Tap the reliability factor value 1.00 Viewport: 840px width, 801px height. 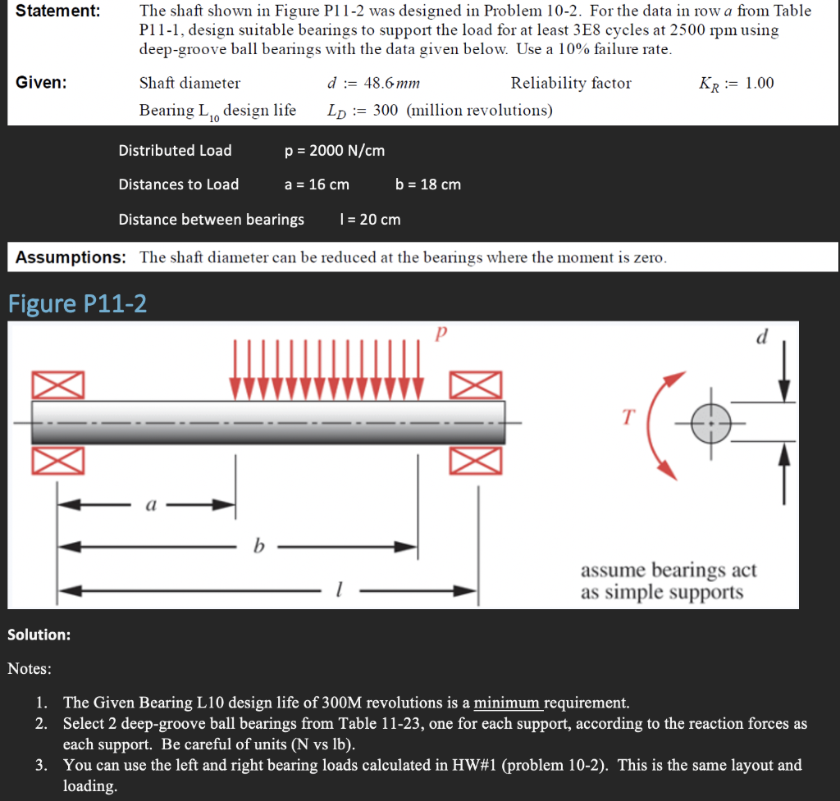point(759,84)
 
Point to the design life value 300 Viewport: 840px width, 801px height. point(385,111)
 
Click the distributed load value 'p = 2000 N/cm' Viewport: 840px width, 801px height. point(334,151)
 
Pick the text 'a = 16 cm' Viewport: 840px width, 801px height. point(317,184)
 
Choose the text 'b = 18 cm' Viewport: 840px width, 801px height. point(427,184)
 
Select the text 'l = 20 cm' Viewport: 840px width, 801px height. point(369,220)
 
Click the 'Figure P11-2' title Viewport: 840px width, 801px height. point(78,304)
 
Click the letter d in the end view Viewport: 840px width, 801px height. point(763,338)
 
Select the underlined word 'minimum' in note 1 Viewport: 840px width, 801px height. point(508,703)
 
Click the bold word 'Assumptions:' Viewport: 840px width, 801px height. point(71,257)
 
